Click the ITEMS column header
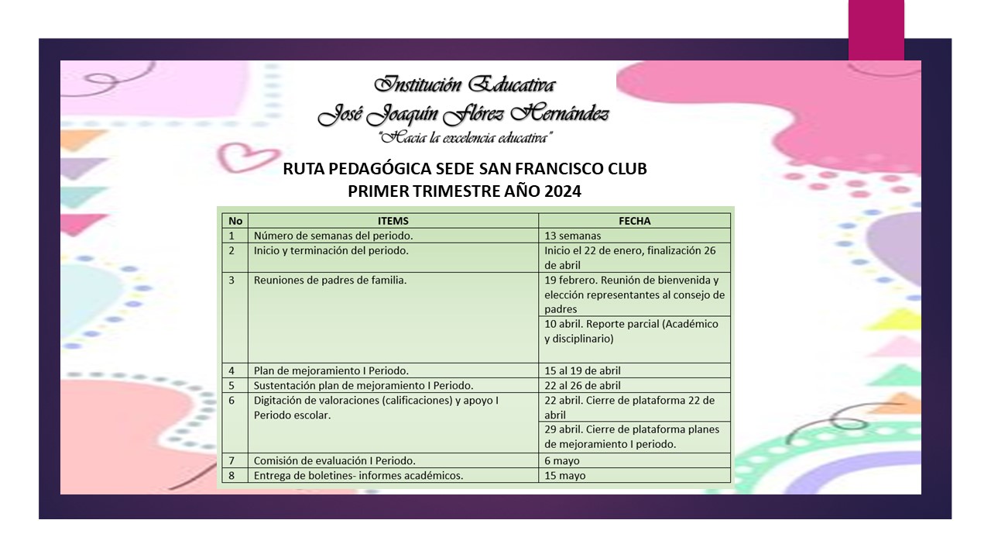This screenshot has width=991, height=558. click(393, 221)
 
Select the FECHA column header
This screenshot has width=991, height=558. click(634, 221)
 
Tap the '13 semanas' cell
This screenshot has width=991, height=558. click(573, 236)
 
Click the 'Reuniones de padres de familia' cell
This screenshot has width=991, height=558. click(330, 280)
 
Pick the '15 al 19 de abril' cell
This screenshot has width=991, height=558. click(583, 370)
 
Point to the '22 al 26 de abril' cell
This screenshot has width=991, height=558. click(583, 385)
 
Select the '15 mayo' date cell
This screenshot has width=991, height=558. click(565, 475)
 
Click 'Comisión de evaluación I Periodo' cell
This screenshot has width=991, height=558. click(334, 460)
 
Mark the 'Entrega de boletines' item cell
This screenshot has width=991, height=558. click(358, 475)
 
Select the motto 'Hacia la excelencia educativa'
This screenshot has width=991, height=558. click(464, 138)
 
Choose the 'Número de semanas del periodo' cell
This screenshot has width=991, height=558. click(333, 236)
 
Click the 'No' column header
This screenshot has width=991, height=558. click(235, 221)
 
